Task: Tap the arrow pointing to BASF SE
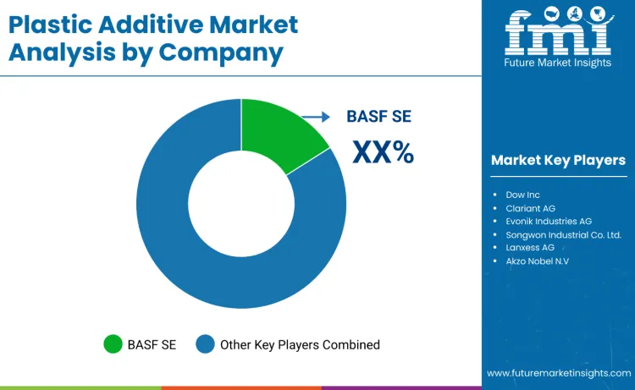pyautogui.click(x=317, y=118)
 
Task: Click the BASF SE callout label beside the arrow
pyautogui.click(x=378, y=118)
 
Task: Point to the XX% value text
pyautogui.click(x=383, y=152)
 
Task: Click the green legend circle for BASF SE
pyautogui.click(x=113, y=344)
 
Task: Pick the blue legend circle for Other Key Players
pyautogui.click(x=205, y=344)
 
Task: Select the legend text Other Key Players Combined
pyautogui.click(x=300, y=344)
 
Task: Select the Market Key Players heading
pyautogui.click(x=558, y=160)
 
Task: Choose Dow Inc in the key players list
pyautogui.click(x=522, y=195)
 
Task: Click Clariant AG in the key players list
pyautogui.click(x=529, y=208)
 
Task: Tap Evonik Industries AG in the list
pyautogui.click(x=548, y=221)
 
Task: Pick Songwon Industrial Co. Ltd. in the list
pyautogui.click(x=562, y=234)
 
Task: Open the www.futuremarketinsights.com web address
pyautogui.click(x=558, y=373)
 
